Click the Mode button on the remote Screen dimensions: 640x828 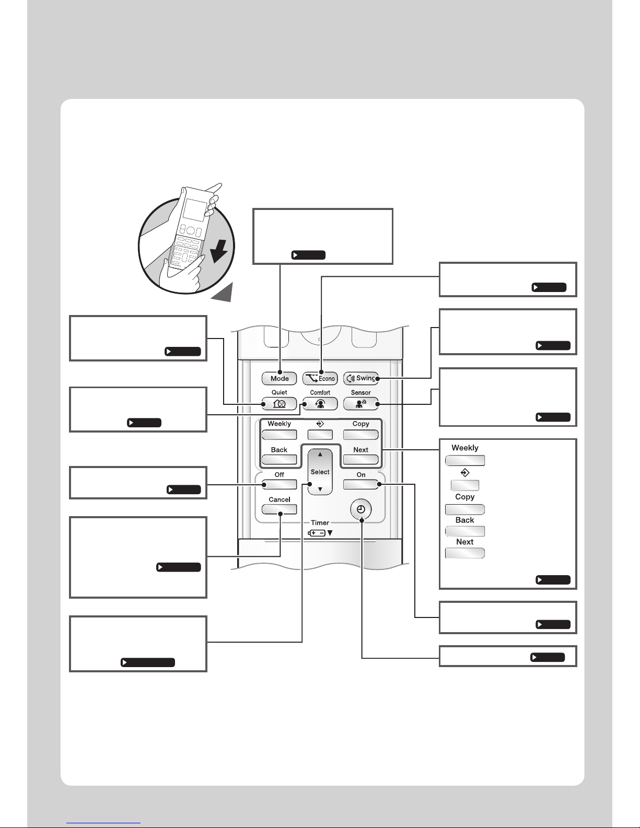point(279,378)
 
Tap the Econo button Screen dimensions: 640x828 point(320,378)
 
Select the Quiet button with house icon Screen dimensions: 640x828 point(279,403)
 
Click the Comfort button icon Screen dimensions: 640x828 point(320,403)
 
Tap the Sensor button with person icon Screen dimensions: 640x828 point(361,403)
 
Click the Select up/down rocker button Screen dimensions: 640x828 point(320,472)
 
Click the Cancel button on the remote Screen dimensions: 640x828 point(279,509)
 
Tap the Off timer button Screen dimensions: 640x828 point(279,484)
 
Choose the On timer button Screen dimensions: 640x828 point(361,484)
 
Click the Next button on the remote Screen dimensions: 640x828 point(361,459)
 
